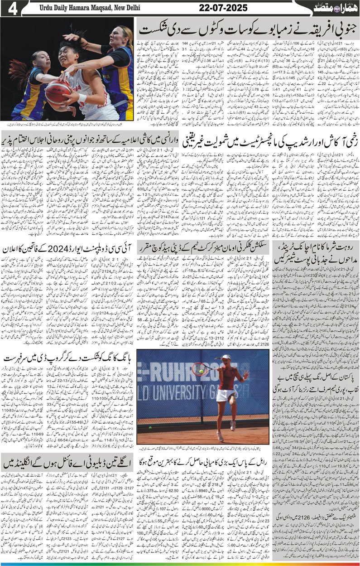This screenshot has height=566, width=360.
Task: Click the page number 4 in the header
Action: coord(10,9)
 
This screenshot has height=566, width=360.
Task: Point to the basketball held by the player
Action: coord(58,91)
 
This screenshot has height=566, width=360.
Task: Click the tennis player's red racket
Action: coord(200,369)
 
